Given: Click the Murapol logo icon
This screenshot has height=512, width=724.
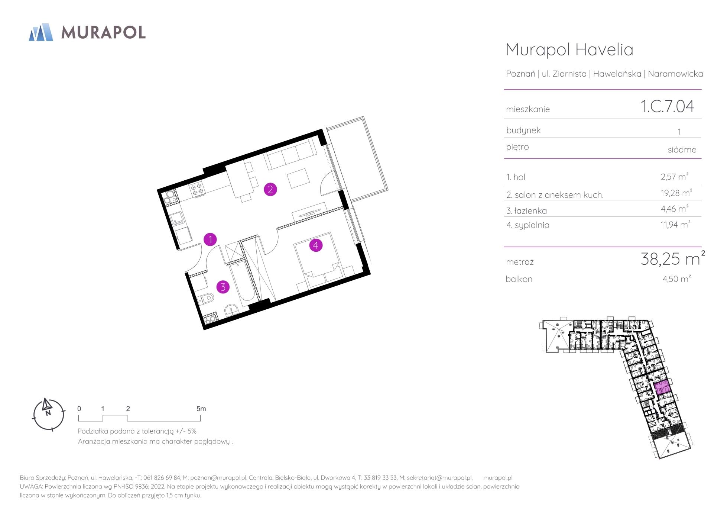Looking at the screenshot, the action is pos(41,32).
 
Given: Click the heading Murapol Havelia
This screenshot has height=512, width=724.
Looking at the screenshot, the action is pos(569,49).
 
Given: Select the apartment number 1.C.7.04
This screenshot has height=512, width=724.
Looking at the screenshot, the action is pos(667,106).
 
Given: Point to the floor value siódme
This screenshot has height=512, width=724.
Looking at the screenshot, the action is pos(682,149).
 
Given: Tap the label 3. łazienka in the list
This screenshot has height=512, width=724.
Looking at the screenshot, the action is pos(526,211).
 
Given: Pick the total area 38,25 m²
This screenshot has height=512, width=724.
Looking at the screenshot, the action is pos(673,258).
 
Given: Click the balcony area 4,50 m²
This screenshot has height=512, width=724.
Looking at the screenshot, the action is pos(676,278).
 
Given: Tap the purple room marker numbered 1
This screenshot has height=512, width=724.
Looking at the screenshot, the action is pos(210,239).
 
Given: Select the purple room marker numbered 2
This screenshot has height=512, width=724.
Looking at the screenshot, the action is pos(270,189).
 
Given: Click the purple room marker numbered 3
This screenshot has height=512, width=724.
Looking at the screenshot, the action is pos(223,287).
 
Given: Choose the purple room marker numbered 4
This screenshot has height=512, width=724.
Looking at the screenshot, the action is pos(316,245).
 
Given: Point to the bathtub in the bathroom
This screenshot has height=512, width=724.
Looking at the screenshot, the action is pos(242,281).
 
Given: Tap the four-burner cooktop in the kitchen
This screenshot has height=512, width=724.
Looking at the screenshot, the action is pos(197,189).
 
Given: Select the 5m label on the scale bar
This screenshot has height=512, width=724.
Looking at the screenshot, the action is pos(201,409).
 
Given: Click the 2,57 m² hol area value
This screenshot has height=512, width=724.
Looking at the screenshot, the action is pos(675,176).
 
